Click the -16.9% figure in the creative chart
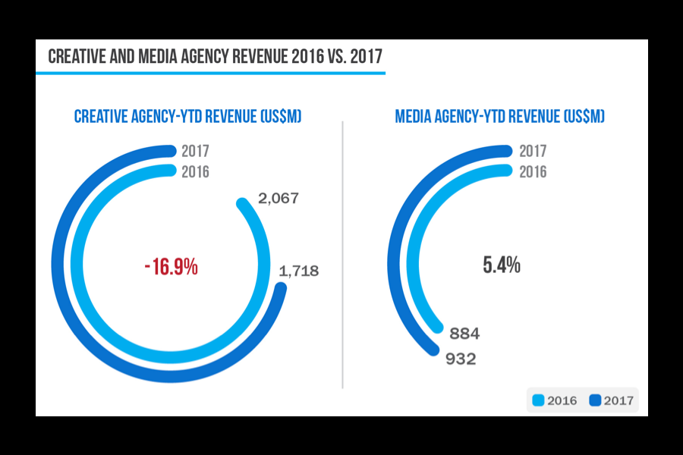(x=171, y=267)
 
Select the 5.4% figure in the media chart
(x=502, y=265)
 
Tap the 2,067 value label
(x=279, y=199)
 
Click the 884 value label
(x=464, y=334)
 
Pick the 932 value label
(x=461, y=359)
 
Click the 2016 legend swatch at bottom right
(x=539, y=400)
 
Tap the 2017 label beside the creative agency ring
(x=195, y=152)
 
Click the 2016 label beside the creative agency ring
(x=195, y=172)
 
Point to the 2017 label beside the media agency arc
(x=533, y=152)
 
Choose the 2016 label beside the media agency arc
(x=533, y=172)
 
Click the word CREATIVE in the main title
(x=78, y=57)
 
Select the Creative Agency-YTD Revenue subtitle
(x=187, y=117)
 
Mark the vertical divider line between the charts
(x=343, y=254)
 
